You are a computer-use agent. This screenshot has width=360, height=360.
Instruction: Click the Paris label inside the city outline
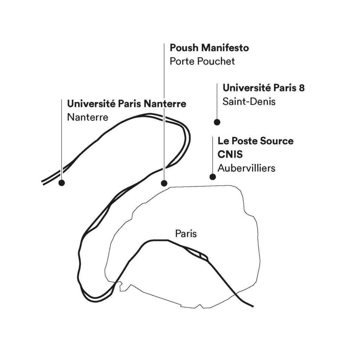[x=186, y=233]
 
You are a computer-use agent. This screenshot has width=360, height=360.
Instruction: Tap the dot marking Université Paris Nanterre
[x=62, y=183]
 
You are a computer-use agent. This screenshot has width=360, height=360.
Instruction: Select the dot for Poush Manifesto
[x=164, y=183]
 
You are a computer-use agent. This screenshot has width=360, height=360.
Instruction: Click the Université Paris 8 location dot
[x=217, y=122]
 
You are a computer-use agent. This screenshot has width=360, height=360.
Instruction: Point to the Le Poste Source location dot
[x=213, y=177]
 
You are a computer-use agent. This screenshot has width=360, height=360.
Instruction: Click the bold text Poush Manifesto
[x=209, y=48]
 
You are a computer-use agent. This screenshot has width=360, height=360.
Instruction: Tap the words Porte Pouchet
[x=202, y=61]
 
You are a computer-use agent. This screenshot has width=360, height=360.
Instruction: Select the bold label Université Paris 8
[x=264, y=88]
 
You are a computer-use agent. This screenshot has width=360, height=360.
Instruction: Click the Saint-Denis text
[x=249, y=102]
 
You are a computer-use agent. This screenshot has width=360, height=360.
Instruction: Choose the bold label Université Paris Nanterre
[x=127, y=104]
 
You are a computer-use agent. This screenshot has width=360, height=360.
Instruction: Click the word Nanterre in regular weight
[x=88, y=117]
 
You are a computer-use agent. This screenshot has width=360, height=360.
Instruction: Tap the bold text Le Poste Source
[x=255, y=141]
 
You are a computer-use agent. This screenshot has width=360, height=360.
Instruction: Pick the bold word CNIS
[x=230, y=154]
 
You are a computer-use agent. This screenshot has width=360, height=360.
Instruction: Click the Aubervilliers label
[x=246, y=168]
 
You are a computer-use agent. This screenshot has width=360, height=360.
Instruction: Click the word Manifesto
[x=225, y=48]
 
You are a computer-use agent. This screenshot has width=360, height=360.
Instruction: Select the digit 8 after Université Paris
[x=302, y=88]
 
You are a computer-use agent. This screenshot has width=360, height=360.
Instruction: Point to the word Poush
[x=184, y=48]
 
